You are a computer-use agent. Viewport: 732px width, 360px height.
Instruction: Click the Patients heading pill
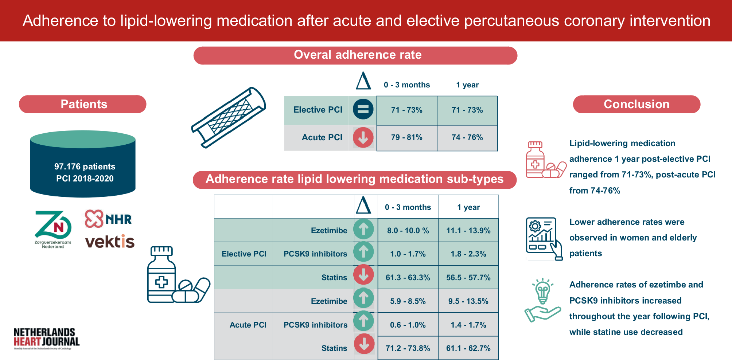(x=83, y=104)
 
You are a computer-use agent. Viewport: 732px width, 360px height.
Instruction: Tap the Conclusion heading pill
(x=636, y=104)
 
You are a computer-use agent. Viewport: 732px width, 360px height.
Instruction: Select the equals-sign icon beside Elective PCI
(x=363, y=109)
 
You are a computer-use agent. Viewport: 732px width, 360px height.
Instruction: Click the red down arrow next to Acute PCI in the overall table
(x=363, y=137)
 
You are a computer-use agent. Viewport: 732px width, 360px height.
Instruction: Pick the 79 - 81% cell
(x=406, y=137)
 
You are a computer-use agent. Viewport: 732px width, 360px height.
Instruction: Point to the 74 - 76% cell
(x=467, y=137)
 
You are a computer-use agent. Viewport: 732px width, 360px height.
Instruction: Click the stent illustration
(x=229, y=117)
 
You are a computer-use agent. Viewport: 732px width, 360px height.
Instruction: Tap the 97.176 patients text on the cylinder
(x=85, y=167)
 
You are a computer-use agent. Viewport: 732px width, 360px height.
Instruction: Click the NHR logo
(x=108, y=219)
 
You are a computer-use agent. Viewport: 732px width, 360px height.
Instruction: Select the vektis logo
(x=110, y=241)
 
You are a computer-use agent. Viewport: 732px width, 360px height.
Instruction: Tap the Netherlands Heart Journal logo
(x=46, y=338)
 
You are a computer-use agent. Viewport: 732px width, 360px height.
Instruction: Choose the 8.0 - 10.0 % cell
(x=408, y=230)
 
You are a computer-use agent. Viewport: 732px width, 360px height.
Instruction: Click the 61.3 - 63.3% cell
(x=408, y=277)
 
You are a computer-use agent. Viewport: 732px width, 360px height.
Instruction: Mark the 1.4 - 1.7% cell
(x=468, y=325)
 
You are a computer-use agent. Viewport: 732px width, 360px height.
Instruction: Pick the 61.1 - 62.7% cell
(x=468, y=348)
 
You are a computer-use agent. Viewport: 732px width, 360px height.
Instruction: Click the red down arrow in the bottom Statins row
(x=364, y=344)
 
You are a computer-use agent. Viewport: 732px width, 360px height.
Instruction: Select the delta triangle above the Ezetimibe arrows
(x=363, y=205)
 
